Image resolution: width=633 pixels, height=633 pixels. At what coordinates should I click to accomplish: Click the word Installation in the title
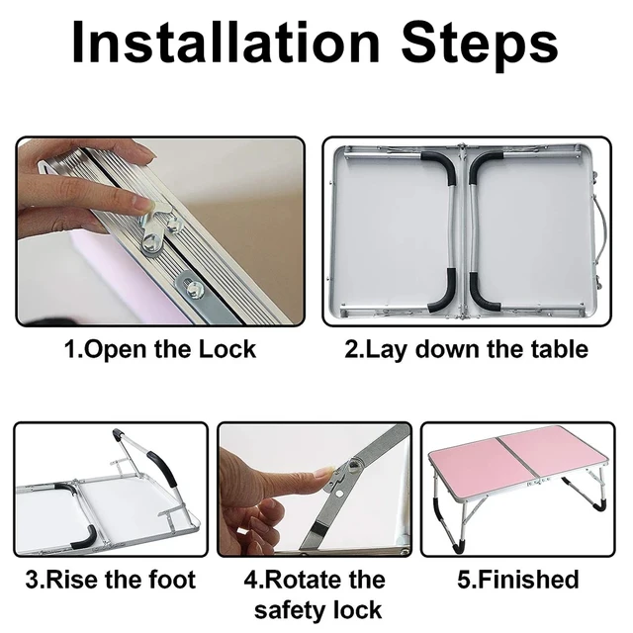[x=226, y=42]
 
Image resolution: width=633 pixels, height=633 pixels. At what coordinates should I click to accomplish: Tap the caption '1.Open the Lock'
[x=160, y=349]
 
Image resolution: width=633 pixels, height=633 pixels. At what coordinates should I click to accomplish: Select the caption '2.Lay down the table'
[x=466, y=349]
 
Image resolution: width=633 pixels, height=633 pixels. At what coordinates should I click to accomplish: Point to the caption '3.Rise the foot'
[x=111, y=580]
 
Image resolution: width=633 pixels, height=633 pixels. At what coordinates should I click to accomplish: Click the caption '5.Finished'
[x=518, y=580]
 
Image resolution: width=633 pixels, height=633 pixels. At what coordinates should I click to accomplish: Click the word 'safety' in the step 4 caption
[x=290, y=610]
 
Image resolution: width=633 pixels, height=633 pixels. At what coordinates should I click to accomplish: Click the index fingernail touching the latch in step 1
[x=143, y=203]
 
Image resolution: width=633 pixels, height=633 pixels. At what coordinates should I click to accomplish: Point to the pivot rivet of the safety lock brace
[x=356, y=464]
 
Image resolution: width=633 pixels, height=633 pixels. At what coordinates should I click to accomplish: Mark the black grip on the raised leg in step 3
[x=163, y=468]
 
